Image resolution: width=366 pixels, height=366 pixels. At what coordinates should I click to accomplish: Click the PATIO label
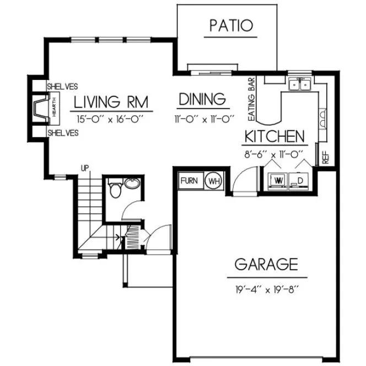[x=231, y=25]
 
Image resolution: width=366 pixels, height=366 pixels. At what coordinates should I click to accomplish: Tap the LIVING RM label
[x=113, y=101]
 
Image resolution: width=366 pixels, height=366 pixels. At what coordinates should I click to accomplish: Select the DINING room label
[x=203, y=99]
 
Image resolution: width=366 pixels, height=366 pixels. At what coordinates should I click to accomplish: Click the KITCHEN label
[x=274, y=136]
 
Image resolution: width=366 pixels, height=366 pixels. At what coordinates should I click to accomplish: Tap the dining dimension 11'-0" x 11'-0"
[x=203, y=117]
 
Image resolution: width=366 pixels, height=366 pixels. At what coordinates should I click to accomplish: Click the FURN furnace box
[x=190, y=180]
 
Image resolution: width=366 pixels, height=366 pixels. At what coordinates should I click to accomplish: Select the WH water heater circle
[x=213, y=180]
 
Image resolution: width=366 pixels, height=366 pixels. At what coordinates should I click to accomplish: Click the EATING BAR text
[x=252, y=99]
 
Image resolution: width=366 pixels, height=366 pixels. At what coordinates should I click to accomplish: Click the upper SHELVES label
[x=62, y=87]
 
